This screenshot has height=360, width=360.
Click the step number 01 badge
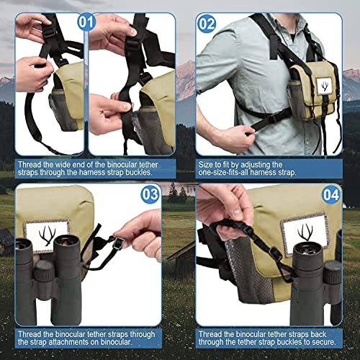point(87,22)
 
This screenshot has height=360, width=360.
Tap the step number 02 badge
point(207,22)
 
